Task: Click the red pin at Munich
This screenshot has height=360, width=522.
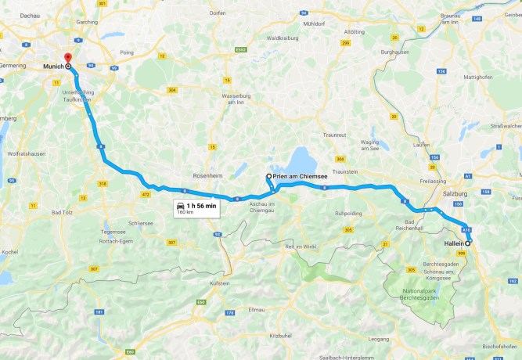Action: tap(67, 59)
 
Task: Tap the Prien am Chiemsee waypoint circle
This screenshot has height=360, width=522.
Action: tap(268, 177)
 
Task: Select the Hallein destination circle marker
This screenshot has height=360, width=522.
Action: tap(468, 243)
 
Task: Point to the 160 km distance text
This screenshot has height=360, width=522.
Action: tap(185, 212)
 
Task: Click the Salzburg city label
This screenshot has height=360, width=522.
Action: tap(455, 193)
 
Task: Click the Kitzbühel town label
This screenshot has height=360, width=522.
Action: tap(280, 335)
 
